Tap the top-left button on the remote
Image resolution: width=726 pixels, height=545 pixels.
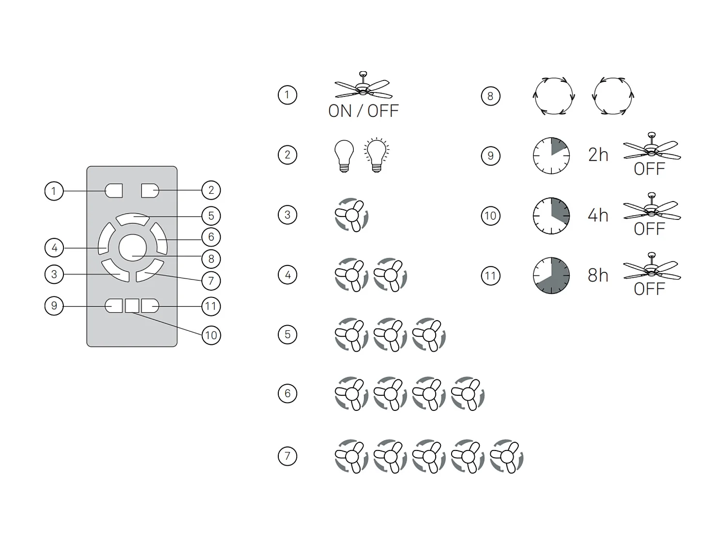pos(114,190)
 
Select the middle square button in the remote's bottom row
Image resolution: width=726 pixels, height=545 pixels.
pos(132,306)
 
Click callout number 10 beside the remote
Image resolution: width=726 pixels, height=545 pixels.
pos(211,335)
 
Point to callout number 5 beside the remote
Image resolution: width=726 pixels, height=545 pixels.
pos(211,216)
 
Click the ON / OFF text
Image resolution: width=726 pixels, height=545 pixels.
pos(363,111)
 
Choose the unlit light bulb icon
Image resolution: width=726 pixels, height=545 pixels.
pos(344,156)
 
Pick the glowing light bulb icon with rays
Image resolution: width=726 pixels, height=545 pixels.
pos(377,156)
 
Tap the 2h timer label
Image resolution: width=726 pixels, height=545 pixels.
pos(598,155)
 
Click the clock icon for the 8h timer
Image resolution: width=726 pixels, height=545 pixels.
pos(551,276)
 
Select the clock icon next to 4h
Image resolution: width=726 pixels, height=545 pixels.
pos(551,216)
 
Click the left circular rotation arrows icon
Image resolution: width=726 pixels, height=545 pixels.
pos(554,96)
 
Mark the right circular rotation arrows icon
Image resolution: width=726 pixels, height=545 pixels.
pos(613,96)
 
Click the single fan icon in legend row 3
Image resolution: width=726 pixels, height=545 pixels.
pos(352,215)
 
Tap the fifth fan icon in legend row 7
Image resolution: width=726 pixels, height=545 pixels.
pos(506,456)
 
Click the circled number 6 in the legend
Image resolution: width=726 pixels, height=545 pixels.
pos(287,393)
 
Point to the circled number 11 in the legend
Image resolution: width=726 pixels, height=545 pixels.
pos(490,276)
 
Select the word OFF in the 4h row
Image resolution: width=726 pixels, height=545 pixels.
pos(649,229)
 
